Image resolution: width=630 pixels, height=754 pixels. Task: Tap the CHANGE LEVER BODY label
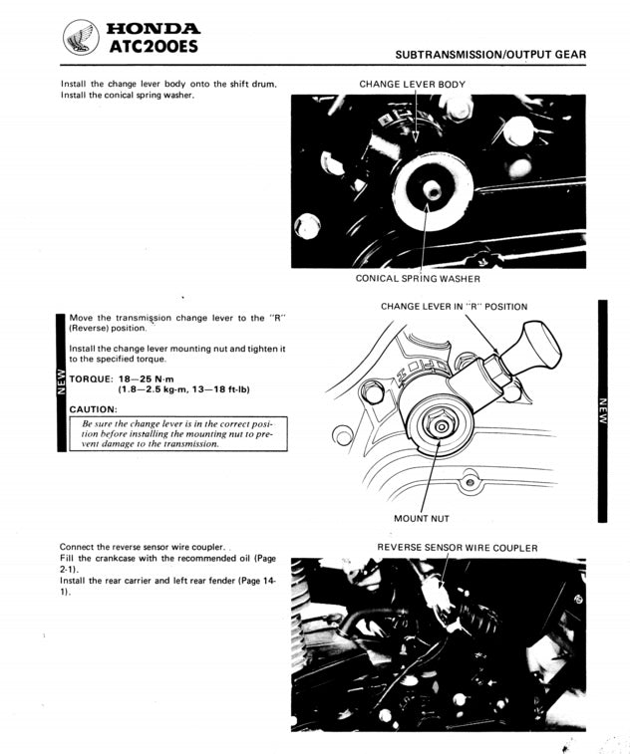[x=412, y=85]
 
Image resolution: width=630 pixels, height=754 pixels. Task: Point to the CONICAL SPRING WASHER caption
[x=418, y=279]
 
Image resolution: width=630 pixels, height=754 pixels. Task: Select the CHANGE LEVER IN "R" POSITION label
[x=454, y=307]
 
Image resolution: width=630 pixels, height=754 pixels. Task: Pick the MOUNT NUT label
[x=422, y=518]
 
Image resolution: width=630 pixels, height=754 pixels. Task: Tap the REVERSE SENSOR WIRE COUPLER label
[x=457, y=548]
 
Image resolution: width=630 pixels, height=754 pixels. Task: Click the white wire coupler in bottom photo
[x=436, y=596]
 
